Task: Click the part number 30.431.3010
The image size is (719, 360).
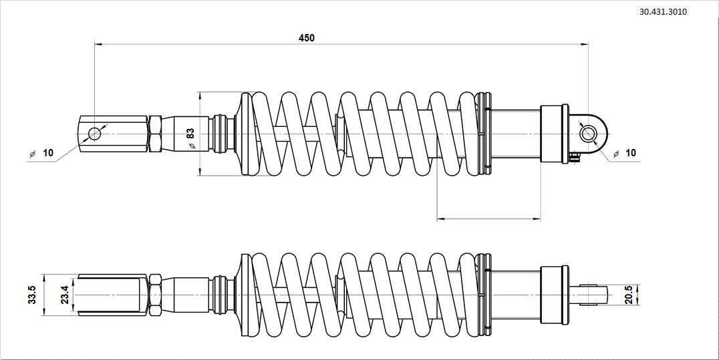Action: [663, 12]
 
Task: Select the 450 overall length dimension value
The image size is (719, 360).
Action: [306, 38]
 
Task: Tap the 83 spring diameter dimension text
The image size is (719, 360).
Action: [190, 134]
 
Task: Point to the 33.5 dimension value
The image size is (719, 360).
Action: [32, 295]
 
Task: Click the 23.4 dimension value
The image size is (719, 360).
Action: [63, 295]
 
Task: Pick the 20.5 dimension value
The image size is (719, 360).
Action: [627, 295]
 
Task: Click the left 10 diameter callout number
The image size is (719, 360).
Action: [48, 153]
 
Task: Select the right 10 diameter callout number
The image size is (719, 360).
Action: [631, 153]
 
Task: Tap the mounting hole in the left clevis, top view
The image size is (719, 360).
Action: [94, 134]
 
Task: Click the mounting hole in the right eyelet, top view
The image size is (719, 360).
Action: [588, 134]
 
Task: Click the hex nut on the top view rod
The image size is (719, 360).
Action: [154, 134]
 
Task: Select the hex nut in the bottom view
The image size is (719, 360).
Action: [154, 295]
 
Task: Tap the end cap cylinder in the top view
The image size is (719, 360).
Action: [554, 134]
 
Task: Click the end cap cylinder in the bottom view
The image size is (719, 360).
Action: [554, 295]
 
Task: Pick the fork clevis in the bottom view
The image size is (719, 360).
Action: [111, 295]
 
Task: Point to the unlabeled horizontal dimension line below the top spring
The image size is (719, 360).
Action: [488, 218]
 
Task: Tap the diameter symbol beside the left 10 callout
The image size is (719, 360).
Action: [31, 154]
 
